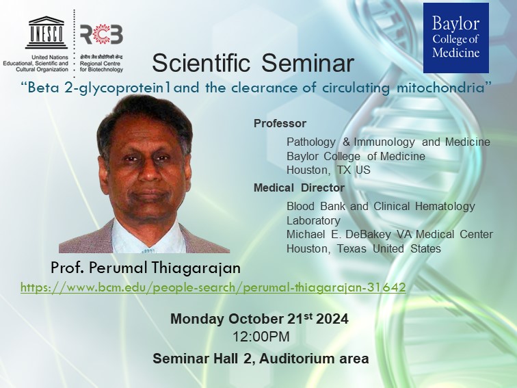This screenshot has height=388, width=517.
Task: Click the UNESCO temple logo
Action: (47, 32)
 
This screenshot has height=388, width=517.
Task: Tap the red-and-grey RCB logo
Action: (101, 34)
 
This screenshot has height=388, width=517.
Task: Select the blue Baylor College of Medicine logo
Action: (456, 38)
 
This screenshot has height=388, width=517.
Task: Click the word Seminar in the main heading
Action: (308, 63)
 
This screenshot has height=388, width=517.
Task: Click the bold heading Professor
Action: (280, 123)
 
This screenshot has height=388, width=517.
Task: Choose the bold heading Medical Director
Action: (299, 187)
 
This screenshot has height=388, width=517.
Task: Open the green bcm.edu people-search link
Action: (213, 287)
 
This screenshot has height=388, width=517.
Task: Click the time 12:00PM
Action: (261, 337)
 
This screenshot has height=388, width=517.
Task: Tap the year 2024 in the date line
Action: (332, 319)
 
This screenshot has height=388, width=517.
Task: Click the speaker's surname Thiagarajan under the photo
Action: (196, 268)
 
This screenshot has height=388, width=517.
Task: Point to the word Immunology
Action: (384, 142)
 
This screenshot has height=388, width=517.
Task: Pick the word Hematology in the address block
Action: (445, 206)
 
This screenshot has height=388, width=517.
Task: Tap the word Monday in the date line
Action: (197, 319)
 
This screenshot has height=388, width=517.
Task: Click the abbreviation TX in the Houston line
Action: (343, 170)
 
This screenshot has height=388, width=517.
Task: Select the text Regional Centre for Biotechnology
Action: (101, 66)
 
